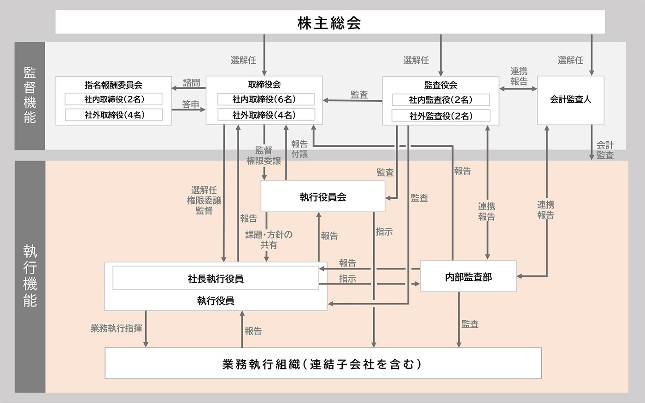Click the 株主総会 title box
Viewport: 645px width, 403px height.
pos(330,22)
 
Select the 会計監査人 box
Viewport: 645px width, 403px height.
pos(570,100)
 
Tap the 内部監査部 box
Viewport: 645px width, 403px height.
pos(468,276)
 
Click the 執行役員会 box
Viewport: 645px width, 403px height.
pos(322,197)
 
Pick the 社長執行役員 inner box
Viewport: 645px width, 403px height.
pos(216,279)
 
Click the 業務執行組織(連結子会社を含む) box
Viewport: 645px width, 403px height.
pos(322,363)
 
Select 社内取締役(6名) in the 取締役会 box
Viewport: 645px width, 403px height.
pos(264,99)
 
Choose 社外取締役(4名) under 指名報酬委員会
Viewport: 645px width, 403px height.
pos(114,115)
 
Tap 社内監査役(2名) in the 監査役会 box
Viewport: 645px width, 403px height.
pos(440,100)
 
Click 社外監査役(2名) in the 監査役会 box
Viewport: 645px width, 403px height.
pos(440,116)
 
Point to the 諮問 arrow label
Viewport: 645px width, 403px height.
pos(191,83)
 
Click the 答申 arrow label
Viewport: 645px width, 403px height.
pos(190,104)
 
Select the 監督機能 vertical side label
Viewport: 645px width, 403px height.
pos(29,96)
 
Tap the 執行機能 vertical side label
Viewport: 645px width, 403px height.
pos(29,276)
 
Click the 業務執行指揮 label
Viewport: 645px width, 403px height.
pos(116,328)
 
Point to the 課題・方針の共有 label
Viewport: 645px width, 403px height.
pos(269,240)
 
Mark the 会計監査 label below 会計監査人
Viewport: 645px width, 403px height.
pos(605,150)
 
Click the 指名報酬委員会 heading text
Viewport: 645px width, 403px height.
pos(113,85)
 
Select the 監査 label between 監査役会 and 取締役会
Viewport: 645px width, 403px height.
pos(359,94)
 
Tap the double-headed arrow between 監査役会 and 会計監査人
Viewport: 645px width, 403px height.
pos(518,88)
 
